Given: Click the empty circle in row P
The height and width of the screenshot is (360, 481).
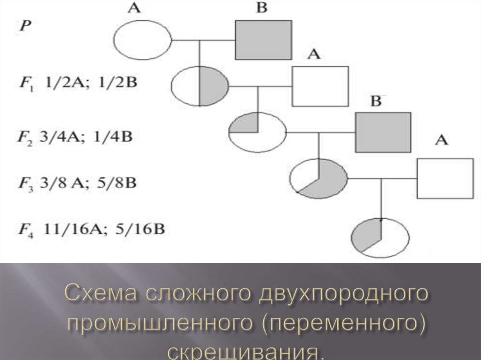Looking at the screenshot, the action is coord(143,41).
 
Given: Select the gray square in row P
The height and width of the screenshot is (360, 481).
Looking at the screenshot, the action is coord(263,39).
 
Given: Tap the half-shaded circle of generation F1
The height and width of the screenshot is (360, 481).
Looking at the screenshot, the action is coord(200,86).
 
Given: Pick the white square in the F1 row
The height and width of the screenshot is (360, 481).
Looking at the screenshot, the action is coord(320,86).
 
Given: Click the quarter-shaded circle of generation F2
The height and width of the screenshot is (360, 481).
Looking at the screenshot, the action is coord(257,132).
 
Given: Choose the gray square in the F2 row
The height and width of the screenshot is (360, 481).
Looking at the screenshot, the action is coord(383,132).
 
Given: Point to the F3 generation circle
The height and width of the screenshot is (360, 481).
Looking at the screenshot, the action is coord(319,178).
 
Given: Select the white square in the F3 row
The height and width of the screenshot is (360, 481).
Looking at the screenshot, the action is coord(445,178).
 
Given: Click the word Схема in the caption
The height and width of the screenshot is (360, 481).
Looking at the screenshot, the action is coord(99,295).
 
